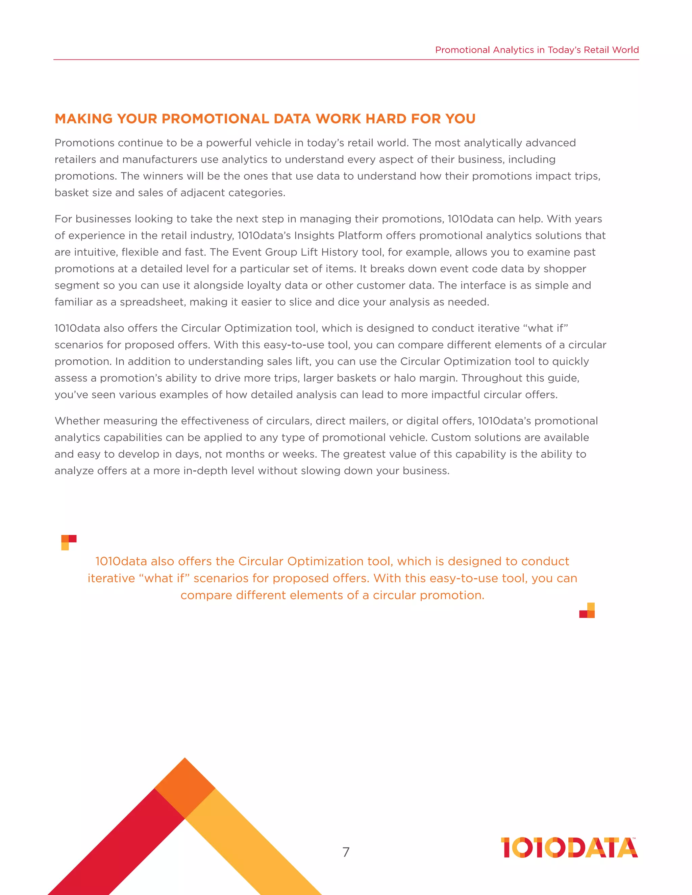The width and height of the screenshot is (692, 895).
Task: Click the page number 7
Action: click(346, 852)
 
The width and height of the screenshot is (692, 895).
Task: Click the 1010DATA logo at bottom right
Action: click(569, 847)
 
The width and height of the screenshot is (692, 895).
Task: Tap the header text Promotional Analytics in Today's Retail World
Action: click(537, 50)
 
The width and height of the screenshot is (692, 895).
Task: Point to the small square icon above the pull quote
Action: click(69, 542)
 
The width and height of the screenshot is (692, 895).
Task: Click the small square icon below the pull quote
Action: click(587, 611)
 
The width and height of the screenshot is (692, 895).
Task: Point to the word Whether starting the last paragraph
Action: click(77, 421)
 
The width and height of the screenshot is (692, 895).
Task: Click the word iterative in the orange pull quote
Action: click(111, 578)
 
